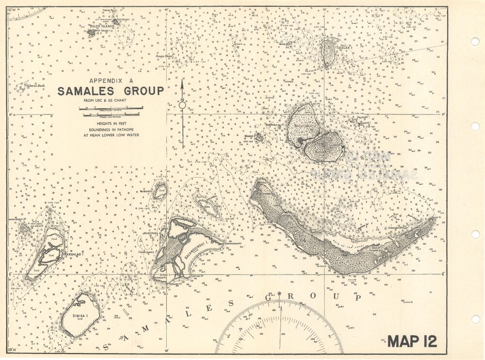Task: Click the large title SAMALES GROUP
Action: (x=111, y=91)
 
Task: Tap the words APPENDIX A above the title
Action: (x=110, y=81)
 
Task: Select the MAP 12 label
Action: (x=412, y=341)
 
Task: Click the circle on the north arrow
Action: (x=182, y=105)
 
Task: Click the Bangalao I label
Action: (x=71, y=253)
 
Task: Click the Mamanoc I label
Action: (x=146, y=192)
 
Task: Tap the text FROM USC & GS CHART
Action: (x=111, y=100)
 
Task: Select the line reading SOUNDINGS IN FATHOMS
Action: (x=111, y=130)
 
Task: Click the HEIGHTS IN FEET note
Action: (x=111, y=124)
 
